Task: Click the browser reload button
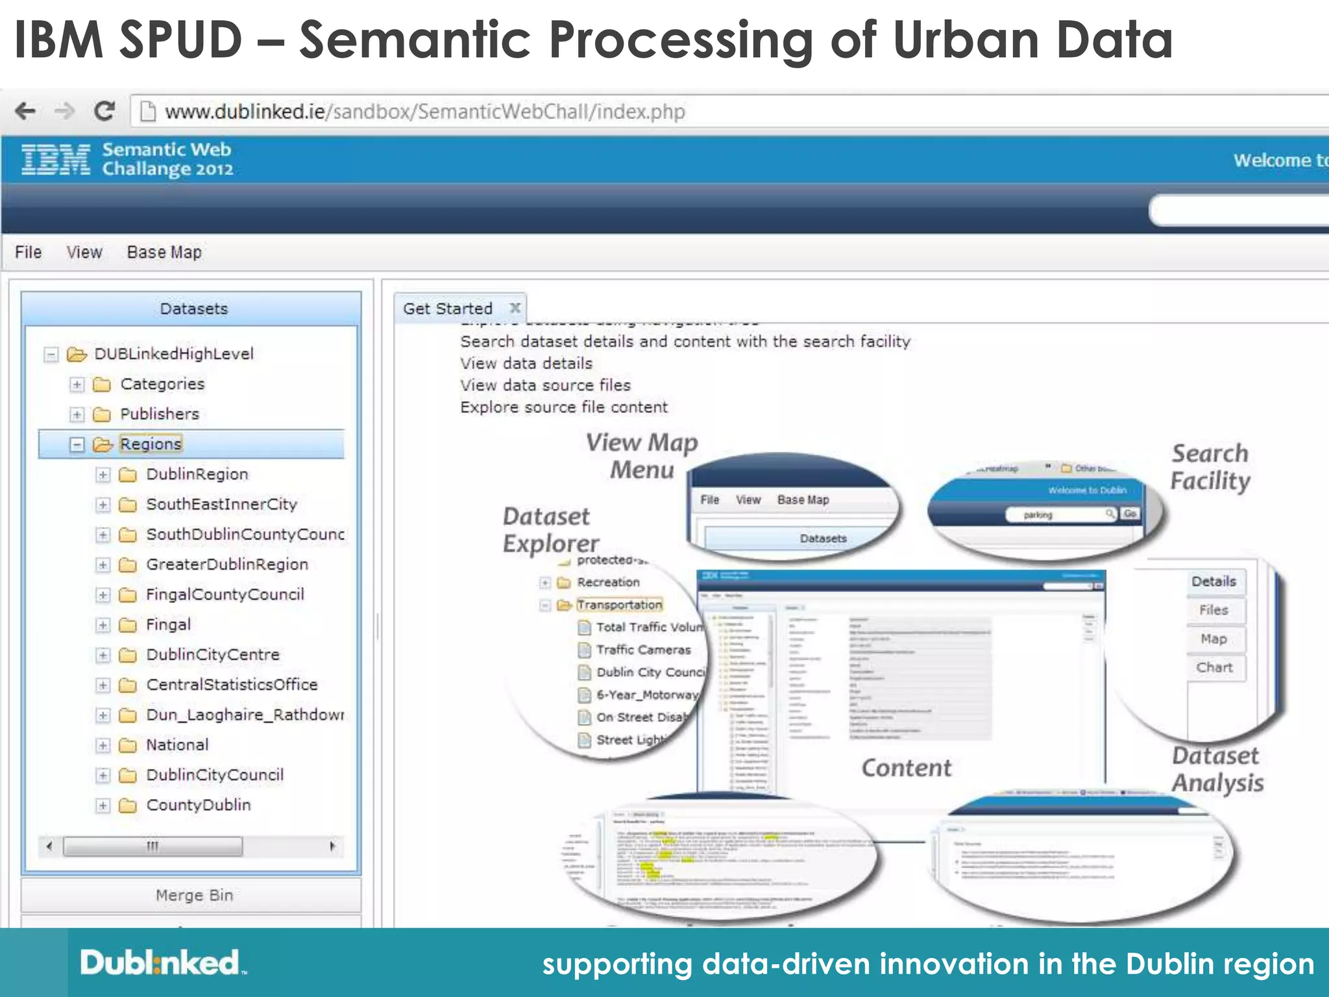pyautogui.click(x=104, y=112)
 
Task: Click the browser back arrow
pyautogui.click(x=25, y=112)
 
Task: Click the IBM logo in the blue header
pyautogui.click(x=56, y=160)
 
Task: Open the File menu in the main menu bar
pyautogui.click(x=29, y=252)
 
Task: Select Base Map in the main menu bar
pyautogui.click(x=164, y=252)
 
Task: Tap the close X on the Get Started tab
pyautogui.click(x=515, y=308)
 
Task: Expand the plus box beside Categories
pyautogui.click(x=77, y=384)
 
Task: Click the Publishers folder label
pyautogui.click(x=160, y=414)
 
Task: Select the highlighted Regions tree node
pyautogui.click(x=151, y=444)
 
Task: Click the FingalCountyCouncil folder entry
pyautogui.click(x=225, y=595)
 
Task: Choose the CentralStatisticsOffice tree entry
pyautogui.click(x=232, y=685)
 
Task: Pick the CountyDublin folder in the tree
pyautogui.click(x=198, y=805)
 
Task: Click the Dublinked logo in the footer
pyautogui.click(x=162, y=963)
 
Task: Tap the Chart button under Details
pyautogui.click(x=1214, y=668)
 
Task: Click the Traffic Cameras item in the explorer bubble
pyautogui.click(x=642, y=650)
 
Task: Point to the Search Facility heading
pyautogui.click(x=1210, y=467)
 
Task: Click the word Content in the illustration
pyautogui.click(x=906, y=768)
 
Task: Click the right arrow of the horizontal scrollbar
pyautogui.click(x=332, y=846)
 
